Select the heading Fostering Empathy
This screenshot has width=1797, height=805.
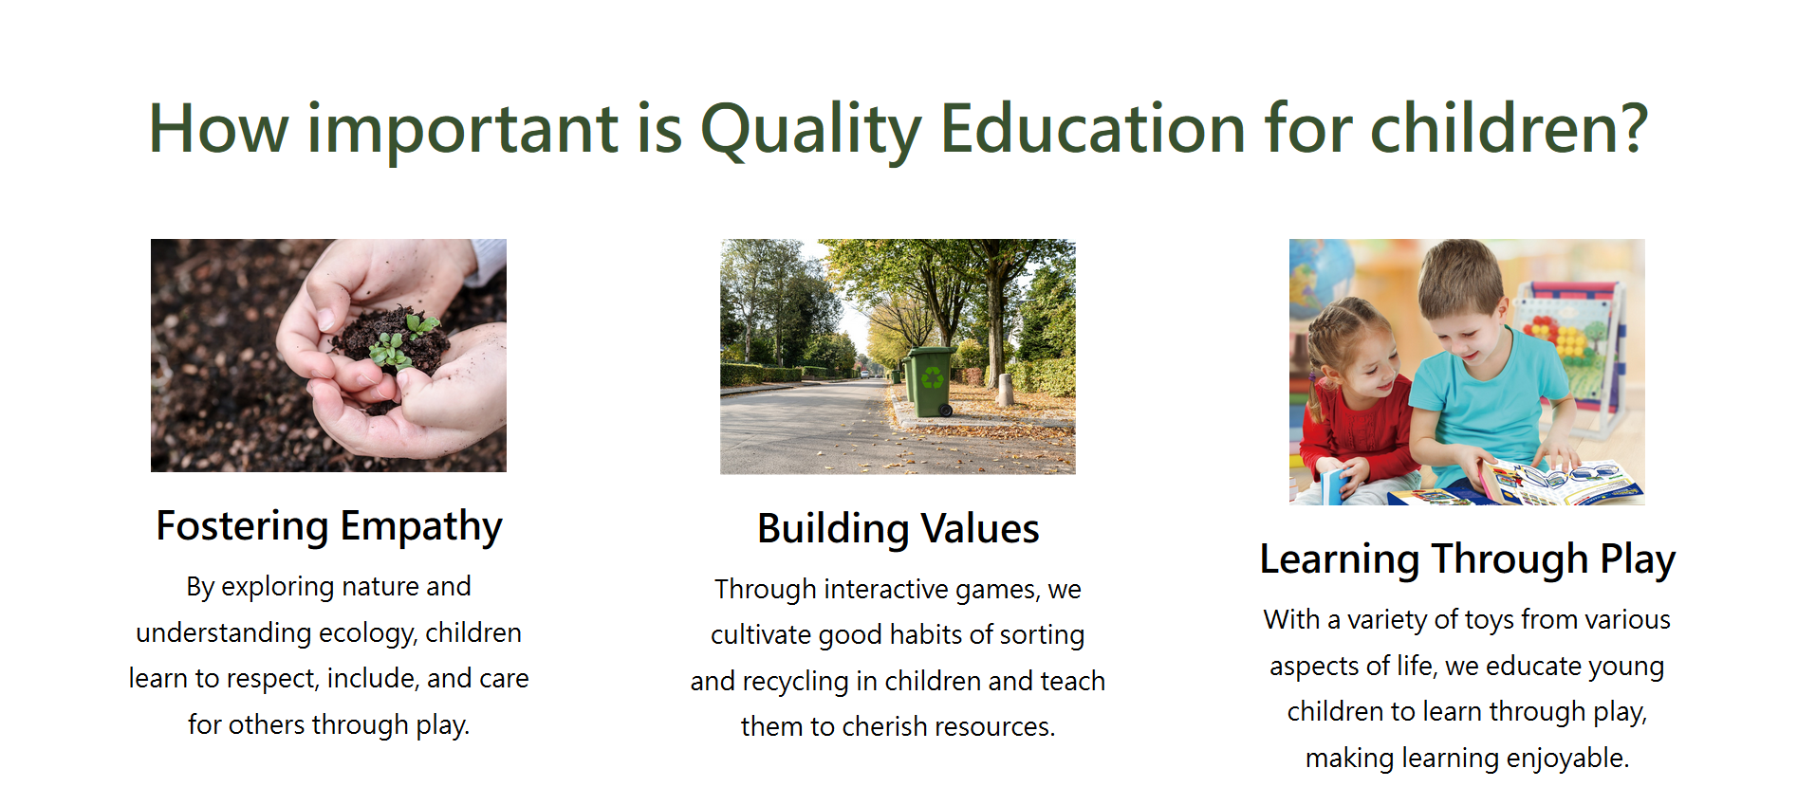[x=329, y=527]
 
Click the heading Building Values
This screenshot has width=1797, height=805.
[x=898, y=529]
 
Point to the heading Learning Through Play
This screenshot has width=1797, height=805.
[x=1467, y=559]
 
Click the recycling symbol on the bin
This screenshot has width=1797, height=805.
[x=933, y=377]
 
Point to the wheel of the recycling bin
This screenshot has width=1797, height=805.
[x=945, y=411]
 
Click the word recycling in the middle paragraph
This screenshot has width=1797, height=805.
[x=795, y=682]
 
